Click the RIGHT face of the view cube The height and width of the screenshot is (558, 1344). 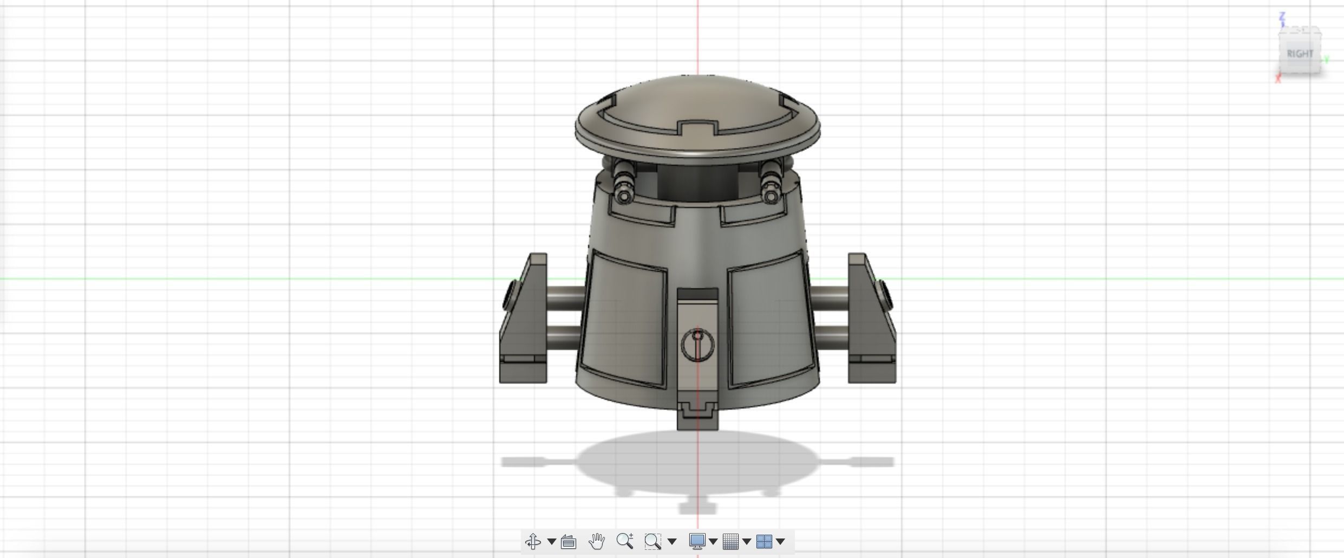[x=1300, y=54]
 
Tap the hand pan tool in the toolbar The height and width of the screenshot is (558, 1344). [x=596, y=541]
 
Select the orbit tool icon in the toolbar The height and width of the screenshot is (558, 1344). [x=533, y=541]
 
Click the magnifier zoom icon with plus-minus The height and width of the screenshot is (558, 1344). [x=624, y=541]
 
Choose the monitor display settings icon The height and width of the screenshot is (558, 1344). [x=697, y=541]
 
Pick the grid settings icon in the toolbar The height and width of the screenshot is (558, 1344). [x=730, y=541]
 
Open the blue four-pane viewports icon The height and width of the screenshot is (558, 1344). [x=764, y=541]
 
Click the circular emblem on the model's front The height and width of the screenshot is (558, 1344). [x=697, y=345]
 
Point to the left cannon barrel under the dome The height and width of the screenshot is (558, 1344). [x=623, y=182]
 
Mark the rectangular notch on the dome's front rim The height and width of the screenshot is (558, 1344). [x=697, y=129]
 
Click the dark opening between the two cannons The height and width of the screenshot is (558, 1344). [x=697, y=184]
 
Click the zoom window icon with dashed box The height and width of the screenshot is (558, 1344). [x=653, y=541]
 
